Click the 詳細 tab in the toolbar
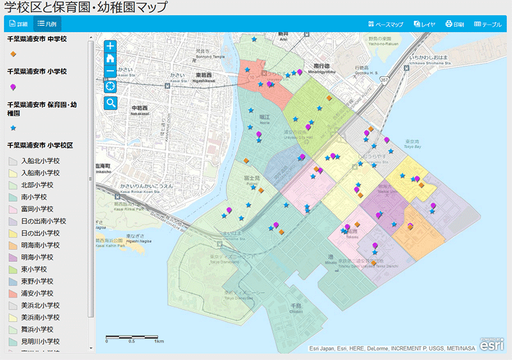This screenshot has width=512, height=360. pos(18,24)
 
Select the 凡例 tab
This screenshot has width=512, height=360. pos(47,24)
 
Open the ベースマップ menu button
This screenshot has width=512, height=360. pos(386,24)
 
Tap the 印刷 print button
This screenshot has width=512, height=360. pos(454,24)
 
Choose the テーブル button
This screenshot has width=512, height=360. pos(488,24)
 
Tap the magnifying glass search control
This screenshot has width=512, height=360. pos(111,102)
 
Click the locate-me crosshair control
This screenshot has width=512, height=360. pos(111,86)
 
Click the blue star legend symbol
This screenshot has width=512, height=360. pos(13,129)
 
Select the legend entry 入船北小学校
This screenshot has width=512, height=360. pos(40,161)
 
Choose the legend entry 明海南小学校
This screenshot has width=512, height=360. pos(40,245)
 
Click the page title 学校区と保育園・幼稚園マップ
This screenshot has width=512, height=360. pos(86,7)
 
